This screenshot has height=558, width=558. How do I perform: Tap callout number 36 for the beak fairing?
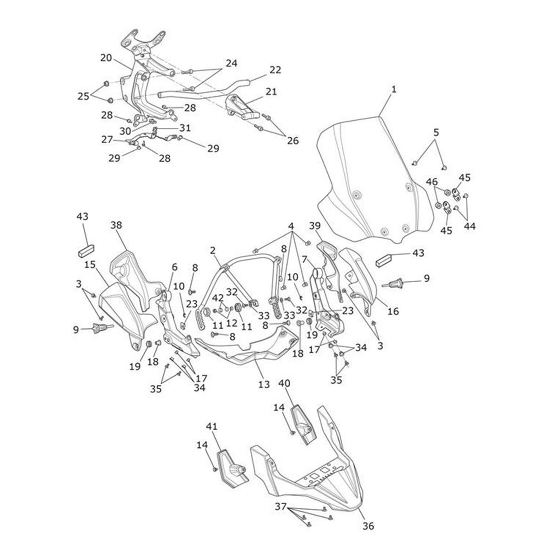coord(367,526)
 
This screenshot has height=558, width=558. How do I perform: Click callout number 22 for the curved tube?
coord(275,70)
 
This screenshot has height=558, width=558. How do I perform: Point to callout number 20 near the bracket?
coord(106,58)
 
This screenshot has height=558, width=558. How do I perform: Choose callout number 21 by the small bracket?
coord(271,92)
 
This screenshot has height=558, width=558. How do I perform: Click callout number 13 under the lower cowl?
coord(264,384)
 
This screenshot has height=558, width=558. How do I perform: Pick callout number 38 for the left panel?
coord(116,224)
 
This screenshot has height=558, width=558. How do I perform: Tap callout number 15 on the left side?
coord(90,265)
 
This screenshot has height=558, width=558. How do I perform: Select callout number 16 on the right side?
coord(393,311)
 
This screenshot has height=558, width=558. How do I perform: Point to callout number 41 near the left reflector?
coord(212,426)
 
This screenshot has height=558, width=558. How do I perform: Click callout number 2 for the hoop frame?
coord(213,251)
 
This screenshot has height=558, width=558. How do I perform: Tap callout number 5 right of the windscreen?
coord(436,133)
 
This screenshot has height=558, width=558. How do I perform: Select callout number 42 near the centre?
coord(218,298)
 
